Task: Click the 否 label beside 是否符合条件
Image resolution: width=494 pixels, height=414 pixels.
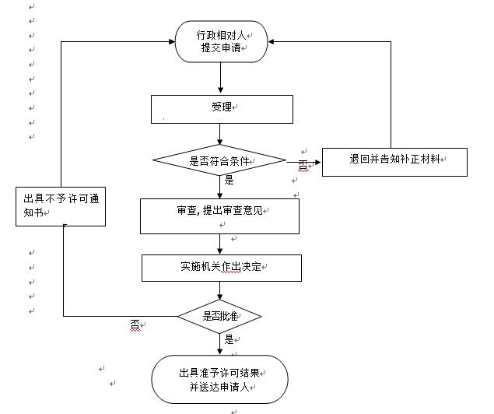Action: click(x=303, y=165)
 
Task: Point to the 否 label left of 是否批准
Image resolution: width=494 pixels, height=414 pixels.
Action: click(x=135, y=325)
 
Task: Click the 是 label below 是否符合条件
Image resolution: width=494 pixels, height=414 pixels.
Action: click(x=229, y=181)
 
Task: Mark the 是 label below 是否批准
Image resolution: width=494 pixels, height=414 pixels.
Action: click(x=229, y=339)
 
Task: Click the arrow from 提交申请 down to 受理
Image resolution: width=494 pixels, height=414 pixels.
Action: click(x=220, y=78)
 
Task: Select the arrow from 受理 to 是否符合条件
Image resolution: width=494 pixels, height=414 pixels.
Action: click(x=220, y=134)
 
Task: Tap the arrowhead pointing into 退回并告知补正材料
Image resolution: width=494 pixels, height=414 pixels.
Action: click(x=317, y=163)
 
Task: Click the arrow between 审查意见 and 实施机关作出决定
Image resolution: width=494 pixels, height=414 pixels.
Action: click(x=220, y=244)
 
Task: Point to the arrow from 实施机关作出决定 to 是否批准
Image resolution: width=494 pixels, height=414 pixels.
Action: click(x=220, y=290)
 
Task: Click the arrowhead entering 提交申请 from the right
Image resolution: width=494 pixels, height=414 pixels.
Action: click(x=272, y=41)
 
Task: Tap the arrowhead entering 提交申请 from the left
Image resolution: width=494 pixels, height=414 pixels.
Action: click(x=172, y=41)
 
